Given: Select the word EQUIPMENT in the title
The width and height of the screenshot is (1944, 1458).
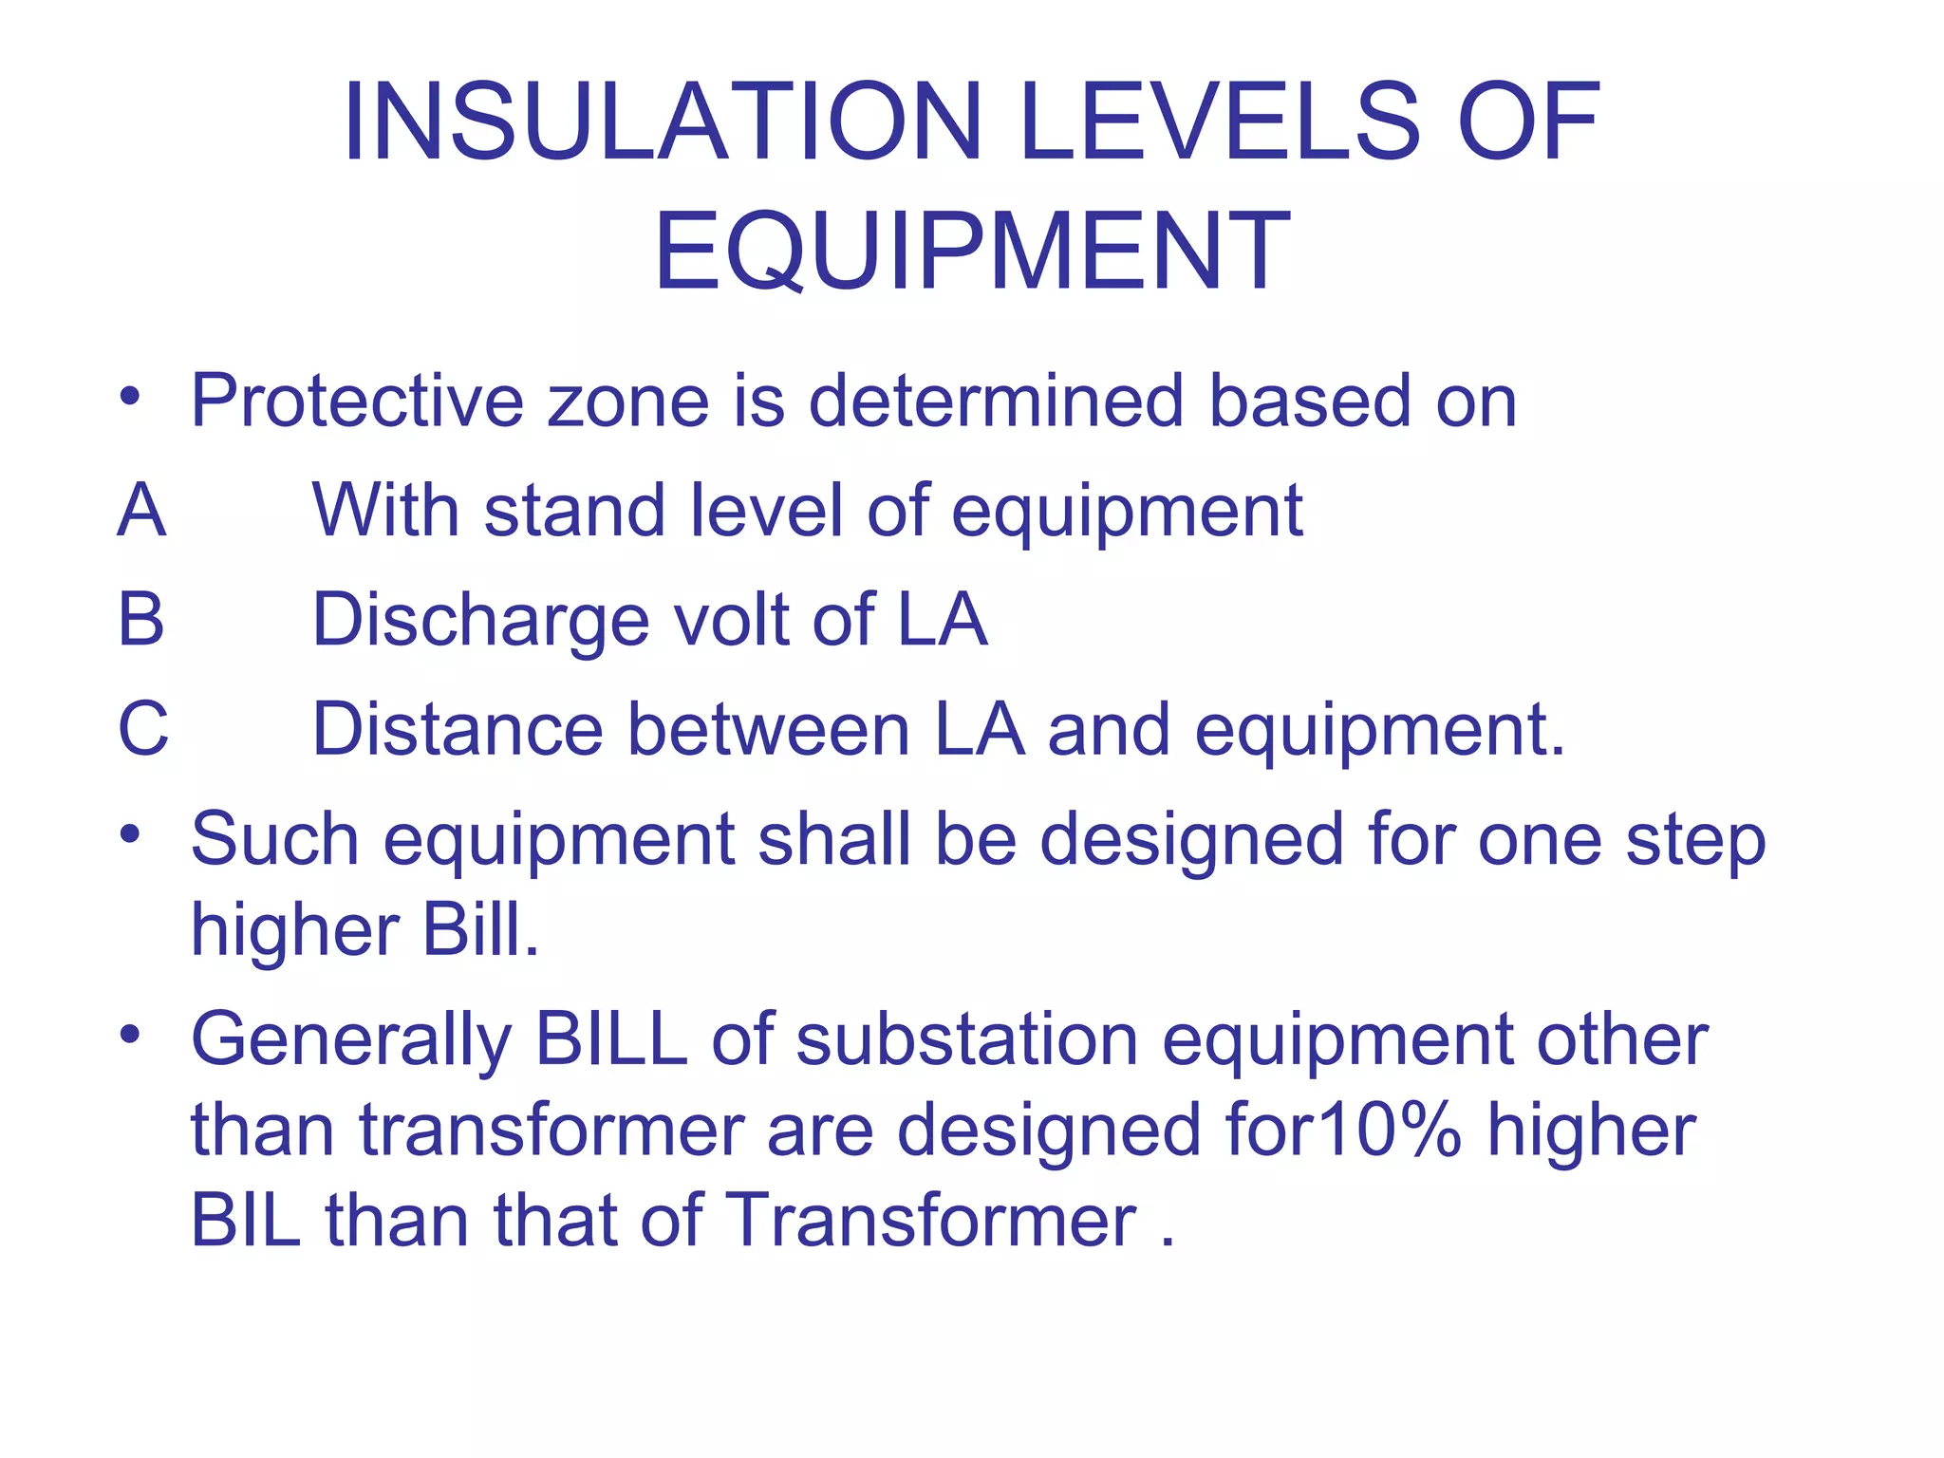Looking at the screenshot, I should (x=972, y=252).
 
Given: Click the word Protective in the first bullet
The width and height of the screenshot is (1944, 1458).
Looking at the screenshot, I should (x=357, y=402).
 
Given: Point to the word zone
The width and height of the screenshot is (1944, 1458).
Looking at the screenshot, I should (x=627, y=402).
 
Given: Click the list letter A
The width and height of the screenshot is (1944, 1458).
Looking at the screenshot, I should (x=142, y=511).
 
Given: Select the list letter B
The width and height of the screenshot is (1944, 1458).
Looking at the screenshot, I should (x=141, y=620).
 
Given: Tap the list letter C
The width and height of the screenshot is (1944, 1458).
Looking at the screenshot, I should (x=143, y=729).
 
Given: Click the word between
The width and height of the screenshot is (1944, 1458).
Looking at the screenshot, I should (x=769, y=729).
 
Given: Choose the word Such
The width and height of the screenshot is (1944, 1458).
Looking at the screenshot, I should (x=275, y=839).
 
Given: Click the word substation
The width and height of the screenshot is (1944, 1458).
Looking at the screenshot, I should (x=967, y=1039).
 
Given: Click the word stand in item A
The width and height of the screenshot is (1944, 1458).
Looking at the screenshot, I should (x=574, y=511).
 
